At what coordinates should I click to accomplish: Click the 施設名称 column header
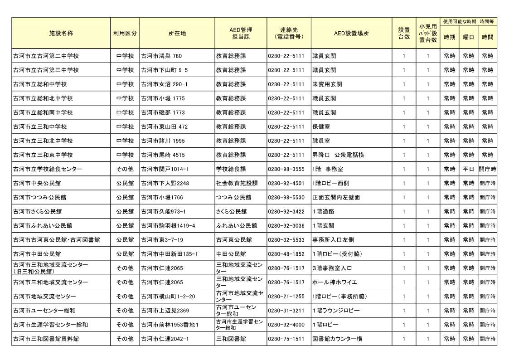coord(61,34)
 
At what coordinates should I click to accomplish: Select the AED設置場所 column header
coord(351,34)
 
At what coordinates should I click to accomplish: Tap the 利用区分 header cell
coord(125,34)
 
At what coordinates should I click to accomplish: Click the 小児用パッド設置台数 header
coord(428,34)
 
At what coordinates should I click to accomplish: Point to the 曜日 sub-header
coord(468,37)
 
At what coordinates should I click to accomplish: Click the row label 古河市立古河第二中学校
coord(46,56)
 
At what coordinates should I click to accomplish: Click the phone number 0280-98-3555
coord(286,169)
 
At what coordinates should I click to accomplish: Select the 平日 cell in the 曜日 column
coord(468,169)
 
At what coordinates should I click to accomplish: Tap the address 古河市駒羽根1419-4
coord(168,225)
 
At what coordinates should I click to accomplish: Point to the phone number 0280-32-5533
coord(286,239)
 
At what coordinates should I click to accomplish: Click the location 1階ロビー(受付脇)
coord(337,254)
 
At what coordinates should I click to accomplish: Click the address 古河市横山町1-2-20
coord(168,296)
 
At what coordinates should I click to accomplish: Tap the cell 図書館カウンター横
coord(337,339)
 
